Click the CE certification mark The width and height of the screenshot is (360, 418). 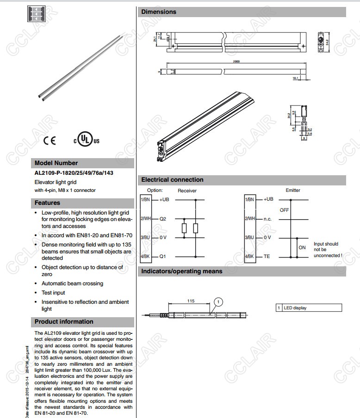(x=49, y=141)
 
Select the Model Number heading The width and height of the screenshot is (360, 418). (x=56, y=163)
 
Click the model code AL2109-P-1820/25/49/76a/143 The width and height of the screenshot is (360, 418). (x=74, y=173)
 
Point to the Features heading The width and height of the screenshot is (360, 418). (x=47, y=203)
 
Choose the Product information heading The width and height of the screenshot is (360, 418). (x=64, y=321)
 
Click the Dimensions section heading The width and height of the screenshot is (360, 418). (x=159, y=12)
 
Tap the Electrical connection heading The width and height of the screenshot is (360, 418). (x=172, y=179)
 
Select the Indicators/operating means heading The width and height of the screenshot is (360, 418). (x=181, y=271)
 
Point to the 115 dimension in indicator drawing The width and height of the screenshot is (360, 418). (x=191, y=301)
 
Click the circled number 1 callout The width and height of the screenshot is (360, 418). (x=218, y=301)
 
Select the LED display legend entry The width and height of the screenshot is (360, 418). (x=295, y=307)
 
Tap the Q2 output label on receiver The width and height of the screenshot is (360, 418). (x=163, y=219)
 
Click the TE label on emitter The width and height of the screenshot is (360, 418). (x=267, y=256)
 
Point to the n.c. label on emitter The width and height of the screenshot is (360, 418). (x=267, y=219)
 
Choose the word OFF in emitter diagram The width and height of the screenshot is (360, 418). (x=284, y=210)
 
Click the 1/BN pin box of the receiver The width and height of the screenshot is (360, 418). (x=144, y=199)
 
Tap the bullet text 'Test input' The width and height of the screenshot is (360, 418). (x=53, y=293)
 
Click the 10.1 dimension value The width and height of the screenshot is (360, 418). (x=296, y=79)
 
